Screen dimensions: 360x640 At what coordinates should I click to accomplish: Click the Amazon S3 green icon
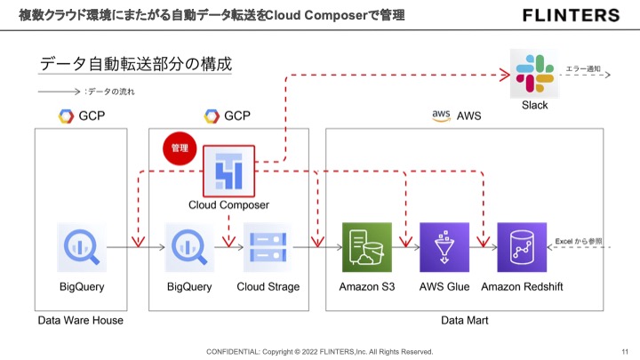click(x=367, y=246)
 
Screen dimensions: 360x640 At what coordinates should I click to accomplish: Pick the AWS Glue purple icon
click(x=444, y=246)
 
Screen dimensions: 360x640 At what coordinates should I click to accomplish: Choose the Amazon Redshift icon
click(x=522, y=246)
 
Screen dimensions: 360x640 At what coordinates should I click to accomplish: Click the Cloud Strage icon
click(x=268, y=246)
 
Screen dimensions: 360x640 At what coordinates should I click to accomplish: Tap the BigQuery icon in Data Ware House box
click(x=82, y=246)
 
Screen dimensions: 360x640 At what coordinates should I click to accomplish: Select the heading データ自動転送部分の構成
click(x=136, y=65)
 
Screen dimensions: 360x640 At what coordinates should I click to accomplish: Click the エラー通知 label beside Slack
click(x=583, y=68)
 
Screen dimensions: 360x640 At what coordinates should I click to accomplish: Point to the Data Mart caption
click(x=465, y=319)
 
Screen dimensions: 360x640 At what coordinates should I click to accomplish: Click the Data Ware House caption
click(x=81, y=319)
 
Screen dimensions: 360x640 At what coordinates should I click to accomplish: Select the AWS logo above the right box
click(x=442, y=115)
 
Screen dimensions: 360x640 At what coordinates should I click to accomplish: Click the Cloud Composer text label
click(x=228, y=205)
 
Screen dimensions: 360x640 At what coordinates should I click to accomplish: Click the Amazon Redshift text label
click(x=522, y=287)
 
